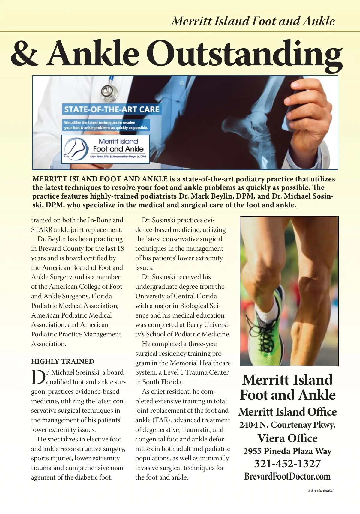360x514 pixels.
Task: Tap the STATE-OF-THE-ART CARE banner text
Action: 112,109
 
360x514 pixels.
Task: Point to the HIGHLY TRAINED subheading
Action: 63,361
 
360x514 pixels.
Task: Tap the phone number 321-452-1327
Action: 287,464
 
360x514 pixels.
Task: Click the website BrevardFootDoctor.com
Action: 287,476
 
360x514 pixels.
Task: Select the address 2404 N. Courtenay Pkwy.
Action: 287,425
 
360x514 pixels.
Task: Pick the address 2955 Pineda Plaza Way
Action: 287,451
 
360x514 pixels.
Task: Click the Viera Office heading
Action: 287,438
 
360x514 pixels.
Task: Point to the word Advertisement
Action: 320,490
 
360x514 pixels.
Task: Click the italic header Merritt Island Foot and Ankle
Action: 253,21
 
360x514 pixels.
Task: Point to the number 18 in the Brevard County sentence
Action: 120,249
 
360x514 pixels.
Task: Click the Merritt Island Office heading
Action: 287,412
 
